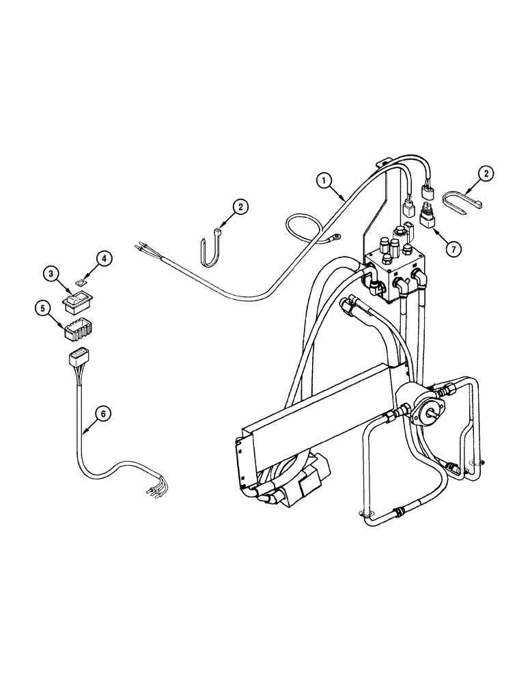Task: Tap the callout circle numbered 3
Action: [51, 275]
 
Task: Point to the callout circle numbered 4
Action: [102, 259]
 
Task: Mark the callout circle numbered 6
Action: [101, 413]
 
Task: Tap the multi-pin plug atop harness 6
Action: [78, 358]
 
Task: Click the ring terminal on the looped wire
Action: [335, 238]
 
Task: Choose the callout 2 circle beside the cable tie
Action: [486, 175]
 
